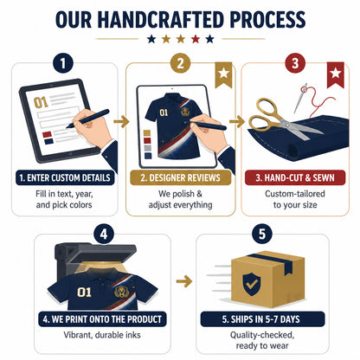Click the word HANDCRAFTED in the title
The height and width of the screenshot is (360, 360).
click(x=160, y=20)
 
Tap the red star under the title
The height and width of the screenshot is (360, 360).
click(x=196, y=39)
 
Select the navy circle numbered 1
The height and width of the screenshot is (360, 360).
click(x=63, y=63)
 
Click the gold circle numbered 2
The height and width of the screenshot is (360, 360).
click(x=180, y=63)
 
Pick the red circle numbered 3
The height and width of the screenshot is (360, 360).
click(x=295, y=63)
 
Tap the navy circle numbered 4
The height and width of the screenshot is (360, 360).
click(x=104, y=234)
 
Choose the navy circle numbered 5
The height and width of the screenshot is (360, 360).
click(x=262, y=234)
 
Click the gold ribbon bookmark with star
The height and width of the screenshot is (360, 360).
click(x=223, y=75)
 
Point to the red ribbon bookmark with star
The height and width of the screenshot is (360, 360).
click(x=336, y=75)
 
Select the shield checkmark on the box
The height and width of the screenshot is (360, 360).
click(x=252, y=284)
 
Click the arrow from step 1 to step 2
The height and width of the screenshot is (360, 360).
click(x=121, y=121)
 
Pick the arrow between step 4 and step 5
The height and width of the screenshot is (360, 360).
click(x=184, y=281)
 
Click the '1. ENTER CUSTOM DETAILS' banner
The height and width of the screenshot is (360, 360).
click(x=65, y=177)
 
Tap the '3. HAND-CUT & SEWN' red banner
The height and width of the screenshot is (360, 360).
click(x=295, y=177)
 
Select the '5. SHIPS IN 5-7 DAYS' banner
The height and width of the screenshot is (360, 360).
click(x=262, y=319)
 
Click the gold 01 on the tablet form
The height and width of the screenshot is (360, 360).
click(x=41, y=102)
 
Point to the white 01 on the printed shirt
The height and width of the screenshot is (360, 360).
click(x=84, y=292)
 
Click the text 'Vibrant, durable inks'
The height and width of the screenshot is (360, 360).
click(x=102, y=335)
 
